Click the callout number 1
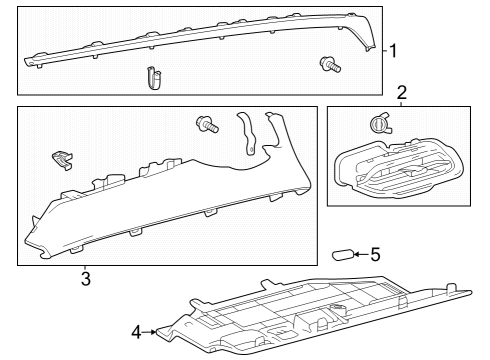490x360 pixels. point(394,50)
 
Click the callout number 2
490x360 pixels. point(402,94)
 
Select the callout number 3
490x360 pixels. point(86,278)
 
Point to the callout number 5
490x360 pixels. point(375,255)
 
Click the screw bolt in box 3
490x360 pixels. point(206,124)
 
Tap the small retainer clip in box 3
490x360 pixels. point(61,157)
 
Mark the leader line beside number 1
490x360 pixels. point(385,50)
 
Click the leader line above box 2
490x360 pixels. point(402,104)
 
